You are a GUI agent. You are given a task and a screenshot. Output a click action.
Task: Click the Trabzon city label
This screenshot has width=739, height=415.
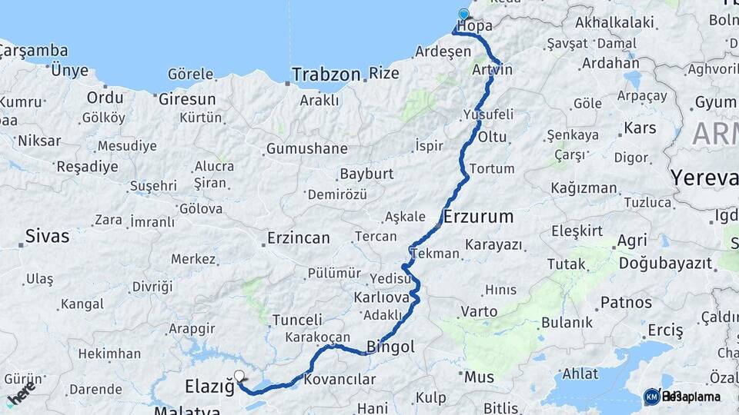click(x=326, y=75)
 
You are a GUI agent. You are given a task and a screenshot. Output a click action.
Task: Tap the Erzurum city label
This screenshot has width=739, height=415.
click(x=478, y=216)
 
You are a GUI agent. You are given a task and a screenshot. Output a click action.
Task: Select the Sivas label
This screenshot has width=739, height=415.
click(x=47, y=236)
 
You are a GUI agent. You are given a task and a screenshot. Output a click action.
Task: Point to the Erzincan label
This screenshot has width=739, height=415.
click(x=298, y=238)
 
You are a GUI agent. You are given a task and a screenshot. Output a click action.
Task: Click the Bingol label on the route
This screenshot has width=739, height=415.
click(x=390, y=347)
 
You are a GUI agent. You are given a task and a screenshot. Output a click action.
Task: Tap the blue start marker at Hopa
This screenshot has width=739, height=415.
click(x=463, y=15)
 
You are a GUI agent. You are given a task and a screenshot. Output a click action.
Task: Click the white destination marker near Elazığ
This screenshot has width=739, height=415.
click(x=239, y=377)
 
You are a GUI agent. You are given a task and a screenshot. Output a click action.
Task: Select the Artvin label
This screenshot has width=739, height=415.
click(x=492, y=70)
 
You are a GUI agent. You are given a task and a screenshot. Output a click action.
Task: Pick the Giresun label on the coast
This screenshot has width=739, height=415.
click(x=187, y=99)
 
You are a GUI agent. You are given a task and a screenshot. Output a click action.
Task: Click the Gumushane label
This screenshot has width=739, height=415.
click(x=306, y=148)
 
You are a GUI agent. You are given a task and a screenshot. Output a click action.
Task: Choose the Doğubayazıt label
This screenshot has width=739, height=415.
click(x=665, y=263)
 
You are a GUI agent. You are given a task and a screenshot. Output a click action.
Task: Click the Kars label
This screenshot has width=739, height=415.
click(x=640, y=128)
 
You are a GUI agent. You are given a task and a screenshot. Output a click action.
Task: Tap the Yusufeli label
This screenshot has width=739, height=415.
click(x=488, y=115)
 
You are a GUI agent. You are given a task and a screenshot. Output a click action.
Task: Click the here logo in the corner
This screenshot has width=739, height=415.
click(x=22, y=393)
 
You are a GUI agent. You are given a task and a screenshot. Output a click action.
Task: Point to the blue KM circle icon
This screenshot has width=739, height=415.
click(x=651, y=397)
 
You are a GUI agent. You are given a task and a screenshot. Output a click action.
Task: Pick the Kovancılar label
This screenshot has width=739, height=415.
click(x=339, y=379)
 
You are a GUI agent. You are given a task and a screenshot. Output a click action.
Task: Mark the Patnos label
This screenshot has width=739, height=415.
click(x=626, y=302)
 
